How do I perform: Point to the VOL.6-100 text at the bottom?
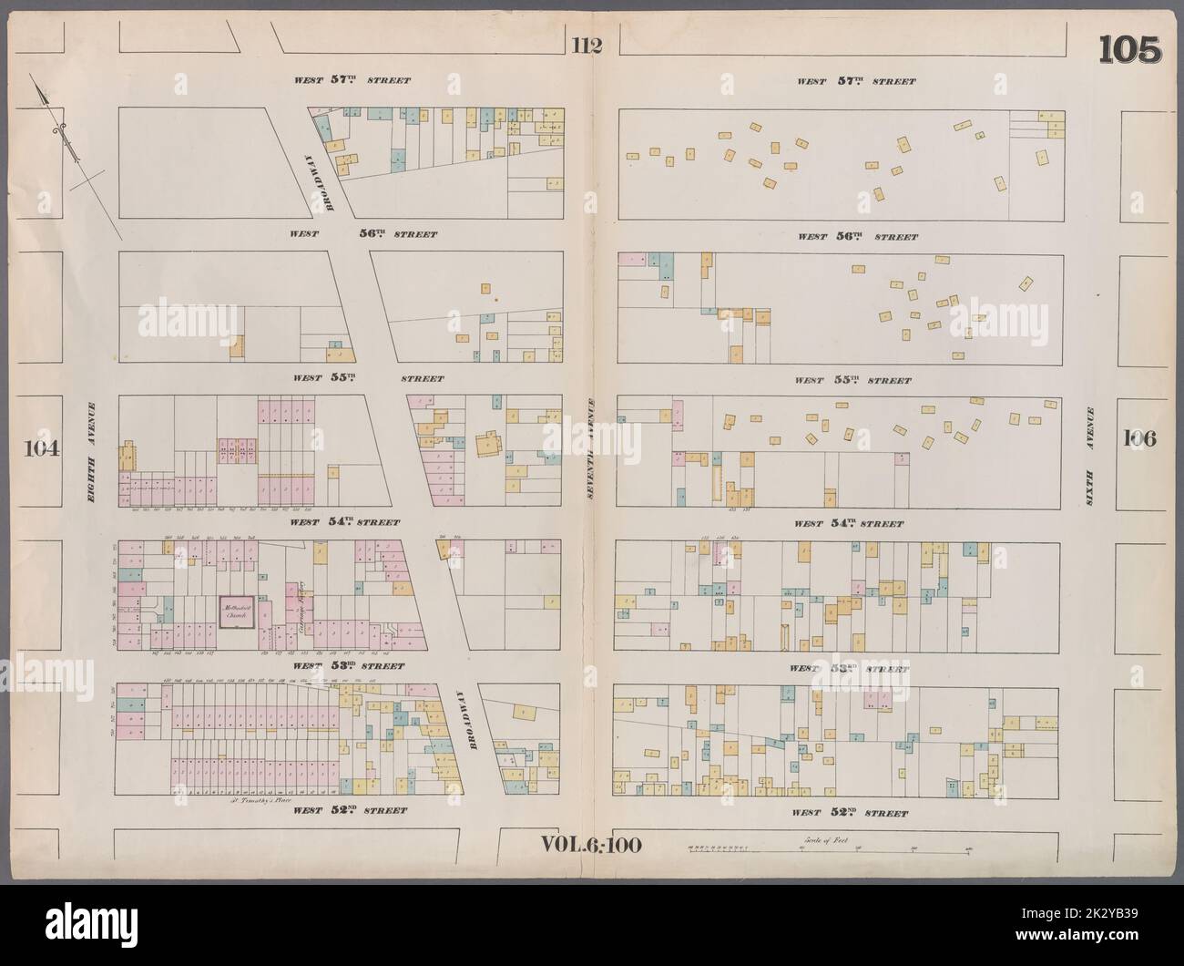[x=592, y=844]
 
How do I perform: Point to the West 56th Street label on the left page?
[x=363, y=234]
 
